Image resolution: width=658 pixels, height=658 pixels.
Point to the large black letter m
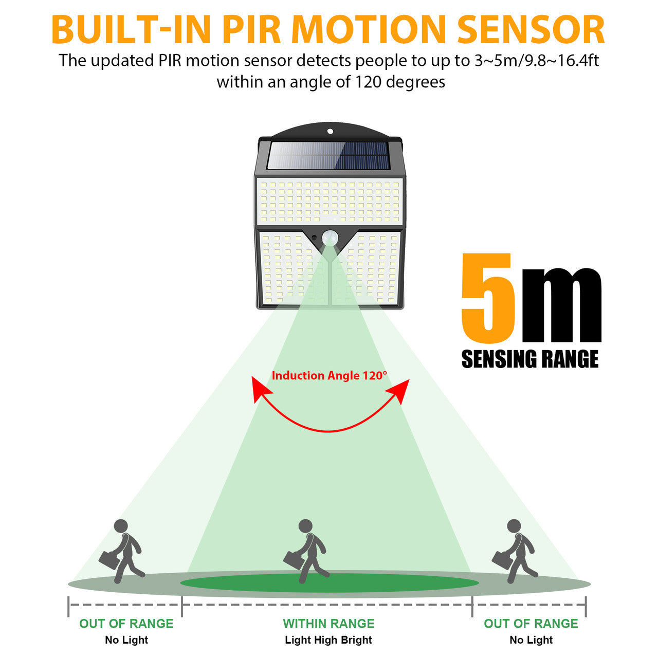[561, 305]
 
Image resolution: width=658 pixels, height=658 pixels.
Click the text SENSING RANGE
[530, 359]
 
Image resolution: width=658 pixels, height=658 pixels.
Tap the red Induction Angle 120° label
[329, 376]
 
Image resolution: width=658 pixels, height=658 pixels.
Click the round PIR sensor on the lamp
[330, 237]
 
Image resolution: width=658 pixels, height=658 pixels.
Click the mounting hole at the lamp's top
[330, 131]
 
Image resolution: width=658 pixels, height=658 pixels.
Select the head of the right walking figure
[514, 526]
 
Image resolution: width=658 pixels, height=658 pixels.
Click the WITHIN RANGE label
[328, 624]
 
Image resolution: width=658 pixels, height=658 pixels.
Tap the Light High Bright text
[328, 639]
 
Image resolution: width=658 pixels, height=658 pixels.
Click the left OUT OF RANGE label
[126, 624]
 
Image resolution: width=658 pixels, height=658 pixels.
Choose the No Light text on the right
[531, 639]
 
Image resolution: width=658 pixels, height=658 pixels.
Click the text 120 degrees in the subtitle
[400, 82]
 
